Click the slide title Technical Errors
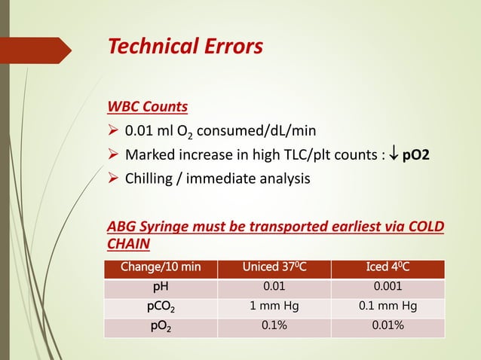click(x=185, y=47)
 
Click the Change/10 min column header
click(x=161, y=269)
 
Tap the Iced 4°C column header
click(x=388, y=269)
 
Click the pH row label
click(x=161, y=287)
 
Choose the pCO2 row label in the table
click(x=161, y=307)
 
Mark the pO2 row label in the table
click(x=161, y=326)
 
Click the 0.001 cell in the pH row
click(x=388, y=287)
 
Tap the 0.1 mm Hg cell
click(x=388, y=307)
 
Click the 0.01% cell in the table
click(x=388, y=326)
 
